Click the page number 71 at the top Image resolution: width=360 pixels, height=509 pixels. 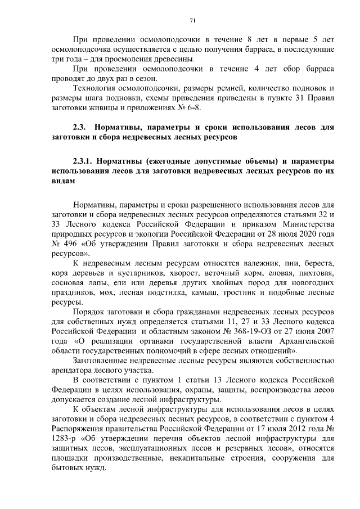coord(192,21)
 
